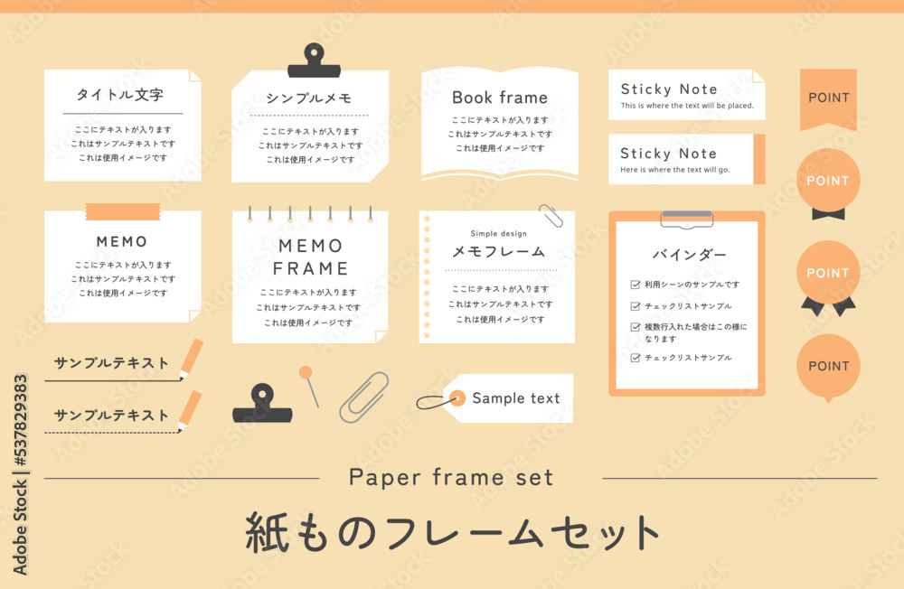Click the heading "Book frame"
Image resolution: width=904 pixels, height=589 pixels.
[x=499, y=98]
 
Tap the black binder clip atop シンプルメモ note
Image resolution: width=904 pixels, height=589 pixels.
[x=315, y=61]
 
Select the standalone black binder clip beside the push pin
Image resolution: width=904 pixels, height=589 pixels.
[x=262, y=404]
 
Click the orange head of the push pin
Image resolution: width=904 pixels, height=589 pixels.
[x=306, y=372]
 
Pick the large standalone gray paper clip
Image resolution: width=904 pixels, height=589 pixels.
[x=363, y=397]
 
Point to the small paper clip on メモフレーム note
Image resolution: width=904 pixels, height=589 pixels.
[x=551, y=216]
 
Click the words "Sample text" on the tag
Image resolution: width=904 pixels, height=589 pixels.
[x=516, y=398]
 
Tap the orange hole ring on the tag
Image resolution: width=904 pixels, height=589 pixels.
[x=457, y=398]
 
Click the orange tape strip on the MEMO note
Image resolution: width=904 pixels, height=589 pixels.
[x=123, y=211]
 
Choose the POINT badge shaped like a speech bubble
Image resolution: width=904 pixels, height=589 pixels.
[x=828, y=367]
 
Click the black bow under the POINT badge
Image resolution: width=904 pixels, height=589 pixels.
[x=828, y=214]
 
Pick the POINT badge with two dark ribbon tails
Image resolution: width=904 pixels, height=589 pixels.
[x=828, y=277]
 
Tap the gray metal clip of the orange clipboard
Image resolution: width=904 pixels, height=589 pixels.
[x=687, y=219]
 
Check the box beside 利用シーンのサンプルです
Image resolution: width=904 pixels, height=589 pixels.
[x=636, y=285]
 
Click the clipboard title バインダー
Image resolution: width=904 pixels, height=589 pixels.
[x=689, y=255]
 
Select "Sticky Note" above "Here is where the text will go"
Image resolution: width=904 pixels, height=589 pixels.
[x=669, y=154]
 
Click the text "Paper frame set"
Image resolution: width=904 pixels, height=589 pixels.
[x=451, y=478]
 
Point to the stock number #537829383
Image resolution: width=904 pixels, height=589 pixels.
[x=20, y=421]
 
